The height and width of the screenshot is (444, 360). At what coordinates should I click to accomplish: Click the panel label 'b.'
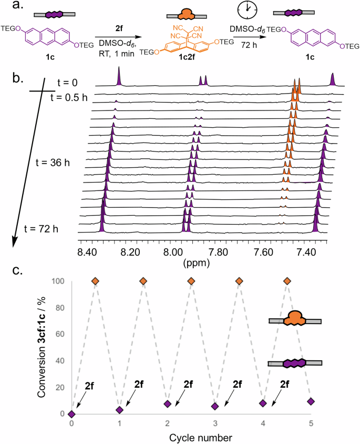[x=18, y=80]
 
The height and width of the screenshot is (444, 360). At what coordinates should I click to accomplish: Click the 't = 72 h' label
[x=41, y=228]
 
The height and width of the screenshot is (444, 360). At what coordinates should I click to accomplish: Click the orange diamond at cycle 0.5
[x=95, y=281]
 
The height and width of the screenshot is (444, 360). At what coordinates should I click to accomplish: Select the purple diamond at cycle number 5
[x=311, y=401]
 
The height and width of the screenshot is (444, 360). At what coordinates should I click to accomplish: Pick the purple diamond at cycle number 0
[x=71, y=414]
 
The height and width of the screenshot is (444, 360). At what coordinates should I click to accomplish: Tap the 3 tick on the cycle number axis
[x=215, y=423]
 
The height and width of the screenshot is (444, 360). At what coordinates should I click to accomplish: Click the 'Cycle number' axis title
[x=191, y=437]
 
